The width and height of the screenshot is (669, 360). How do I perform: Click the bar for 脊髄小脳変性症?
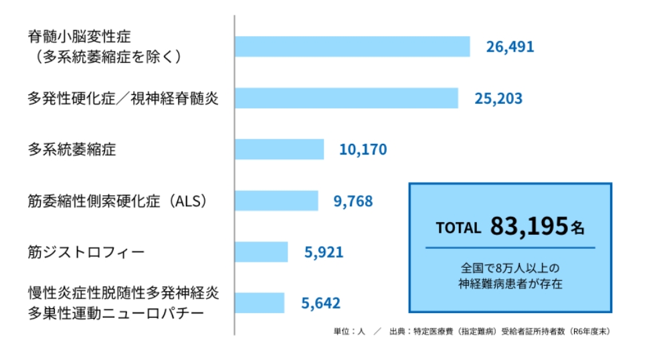[353, 46]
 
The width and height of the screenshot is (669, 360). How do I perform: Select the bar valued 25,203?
[347, 98]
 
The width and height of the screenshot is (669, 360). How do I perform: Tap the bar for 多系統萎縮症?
[280, 149]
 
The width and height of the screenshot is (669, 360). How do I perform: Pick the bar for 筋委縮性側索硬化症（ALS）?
[277, 201]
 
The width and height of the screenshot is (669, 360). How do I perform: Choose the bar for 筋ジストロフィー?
[262, 252]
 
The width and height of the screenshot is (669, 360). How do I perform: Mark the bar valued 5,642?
[260, 303]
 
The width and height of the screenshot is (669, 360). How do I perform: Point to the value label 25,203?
[498, 98]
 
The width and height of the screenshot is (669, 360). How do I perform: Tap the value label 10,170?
[363, 150]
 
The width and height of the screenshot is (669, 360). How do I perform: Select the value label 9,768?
[353, 201]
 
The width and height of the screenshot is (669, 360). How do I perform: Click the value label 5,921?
[323, 252]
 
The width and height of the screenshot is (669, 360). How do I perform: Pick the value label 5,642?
[320, 303]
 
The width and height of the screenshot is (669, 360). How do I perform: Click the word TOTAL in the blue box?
[458, 228]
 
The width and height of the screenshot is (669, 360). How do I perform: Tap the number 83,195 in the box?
[529, 227]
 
